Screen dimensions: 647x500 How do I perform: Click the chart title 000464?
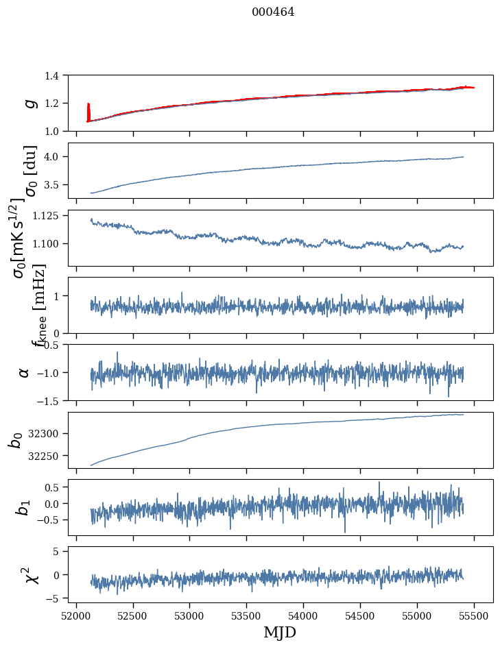point(273,12)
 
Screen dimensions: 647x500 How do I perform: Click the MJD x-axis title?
point(280,632)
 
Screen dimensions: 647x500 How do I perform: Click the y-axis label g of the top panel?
point(29,103)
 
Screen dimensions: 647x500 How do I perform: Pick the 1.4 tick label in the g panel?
point(53,75)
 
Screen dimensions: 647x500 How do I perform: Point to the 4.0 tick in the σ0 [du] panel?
point(53,157)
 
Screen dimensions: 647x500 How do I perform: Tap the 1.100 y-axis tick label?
point(48,244)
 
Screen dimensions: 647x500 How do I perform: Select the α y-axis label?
point(25,372)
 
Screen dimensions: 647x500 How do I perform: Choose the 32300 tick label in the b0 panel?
point(48,434)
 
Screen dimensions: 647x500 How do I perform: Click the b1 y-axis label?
point(25,507)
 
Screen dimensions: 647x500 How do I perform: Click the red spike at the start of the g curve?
point(88,110)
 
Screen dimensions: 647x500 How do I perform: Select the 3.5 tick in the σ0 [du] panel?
point(53,185)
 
